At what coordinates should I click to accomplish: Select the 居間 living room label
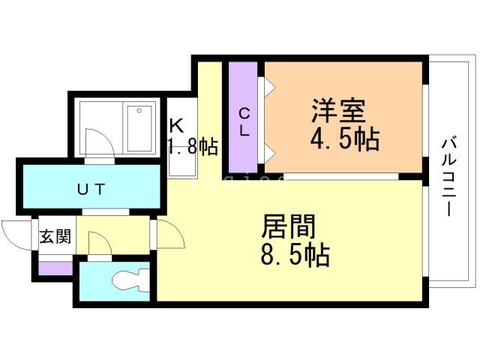pos(288,226)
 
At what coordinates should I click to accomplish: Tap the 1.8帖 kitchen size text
pos(193,145)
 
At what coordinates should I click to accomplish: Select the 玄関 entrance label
pos(55,237)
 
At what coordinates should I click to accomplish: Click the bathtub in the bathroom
pos(140,128)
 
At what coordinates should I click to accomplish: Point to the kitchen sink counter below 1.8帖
pos(181,166)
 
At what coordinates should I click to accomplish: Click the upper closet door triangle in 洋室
pos(268,87)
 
